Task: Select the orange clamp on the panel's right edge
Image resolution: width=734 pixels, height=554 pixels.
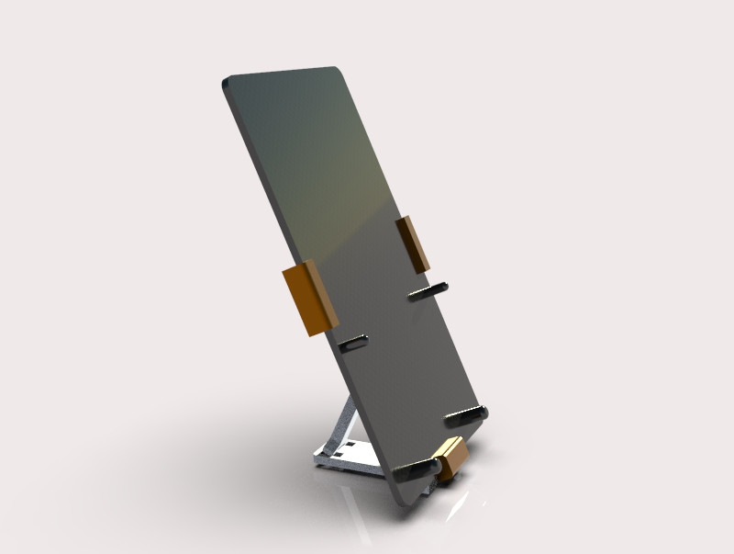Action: point(413,243)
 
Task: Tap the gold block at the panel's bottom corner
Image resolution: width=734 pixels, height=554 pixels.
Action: point(450,458)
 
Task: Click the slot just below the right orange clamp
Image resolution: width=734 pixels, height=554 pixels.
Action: point(428,291)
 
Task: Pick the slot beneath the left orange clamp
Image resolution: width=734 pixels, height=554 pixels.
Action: point(352,344)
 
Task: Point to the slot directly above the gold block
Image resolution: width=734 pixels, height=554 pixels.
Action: point(466,415)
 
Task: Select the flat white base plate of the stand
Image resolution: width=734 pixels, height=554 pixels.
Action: point(353,460)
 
